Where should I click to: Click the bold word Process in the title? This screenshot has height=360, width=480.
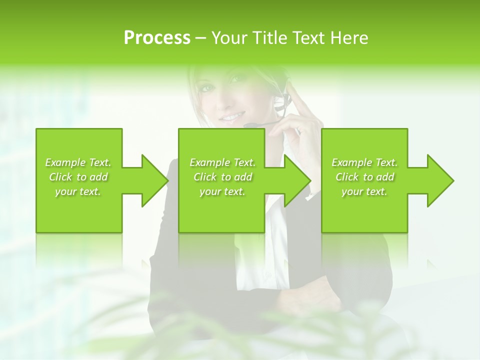157,37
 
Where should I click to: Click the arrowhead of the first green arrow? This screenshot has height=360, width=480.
155,180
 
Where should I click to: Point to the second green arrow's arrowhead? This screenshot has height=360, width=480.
298,180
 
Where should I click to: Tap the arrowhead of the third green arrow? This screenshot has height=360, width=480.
440,180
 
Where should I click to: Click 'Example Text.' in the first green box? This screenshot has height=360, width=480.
78,162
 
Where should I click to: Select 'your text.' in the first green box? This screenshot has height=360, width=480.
78,191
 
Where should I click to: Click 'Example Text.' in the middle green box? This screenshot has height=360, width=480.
222,162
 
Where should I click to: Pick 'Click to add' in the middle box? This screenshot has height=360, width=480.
222,177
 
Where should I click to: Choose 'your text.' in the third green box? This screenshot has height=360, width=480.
364,191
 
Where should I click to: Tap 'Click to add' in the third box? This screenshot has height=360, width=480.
364,177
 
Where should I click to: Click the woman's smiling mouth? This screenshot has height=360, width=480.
231,117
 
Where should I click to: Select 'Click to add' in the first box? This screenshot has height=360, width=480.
78,177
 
